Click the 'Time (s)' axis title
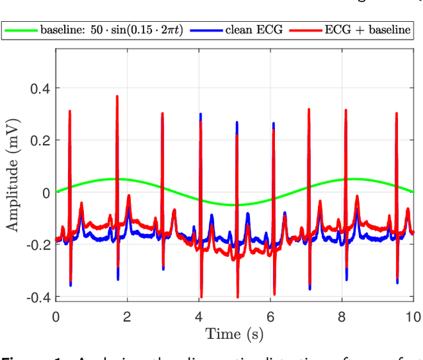[234, 334]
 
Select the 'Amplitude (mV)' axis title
[13, 175]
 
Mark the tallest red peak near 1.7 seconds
[117, 96]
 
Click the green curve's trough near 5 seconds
[235, 205]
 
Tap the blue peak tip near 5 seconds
[237, 122]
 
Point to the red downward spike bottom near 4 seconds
[201, 297]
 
